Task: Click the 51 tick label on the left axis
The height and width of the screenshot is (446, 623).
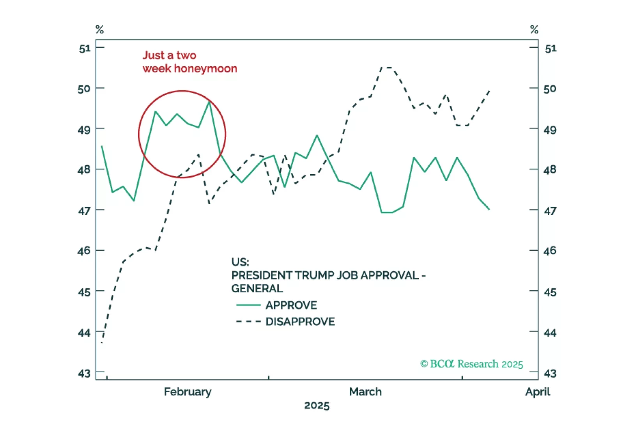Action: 85,49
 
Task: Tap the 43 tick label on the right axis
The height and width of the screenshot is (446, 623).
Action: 550,373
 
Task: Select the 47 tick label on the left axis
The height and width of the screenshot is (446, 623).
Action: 84,211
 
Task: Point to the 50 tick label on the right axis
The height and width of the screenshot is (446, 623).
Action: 550,89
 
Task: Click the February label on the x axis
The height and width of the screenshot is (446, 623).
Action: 188,391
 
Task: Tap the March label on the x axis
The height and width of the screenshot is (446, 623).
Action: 365,391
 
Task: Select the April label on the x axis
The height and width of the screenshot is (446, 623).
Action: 538,391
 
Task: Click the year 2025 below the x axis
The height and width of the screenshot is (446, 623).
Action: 317,406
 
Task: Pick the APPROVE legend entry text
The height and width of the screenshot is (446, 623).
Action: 291,305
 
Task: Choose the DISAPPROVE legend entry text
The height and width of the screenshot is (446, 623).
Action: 300,322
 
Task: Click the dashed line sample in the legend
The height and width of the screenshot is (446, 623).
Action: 248,322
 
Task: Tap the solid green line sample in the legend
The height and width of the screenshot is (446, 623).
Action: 248,305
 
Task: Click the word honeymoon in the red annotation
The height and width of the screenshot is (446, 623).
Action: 205,69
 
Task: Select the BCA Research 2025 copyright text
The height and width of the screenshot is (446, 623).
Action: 471,364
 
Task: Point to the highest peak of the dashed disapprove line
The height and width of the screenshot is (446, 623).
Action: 386,67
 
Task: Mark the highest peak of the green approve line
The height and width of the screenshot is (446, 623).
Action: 210,102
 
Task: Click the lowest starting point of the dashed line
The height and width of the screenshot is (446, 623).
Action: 102,342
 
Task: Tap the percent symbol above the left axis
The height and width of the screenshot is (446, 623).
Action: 100,30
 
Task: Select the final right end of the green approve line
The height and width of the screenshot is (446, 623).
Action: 489,209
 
